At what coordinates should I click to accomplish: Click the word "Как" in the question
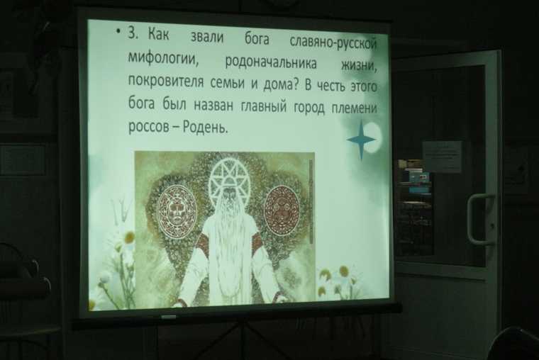(x=158, y=34)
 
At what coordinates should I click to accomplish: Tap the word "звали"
(x=207, y=36)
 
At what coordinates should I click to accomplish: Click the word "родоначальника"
(x=270, y=62)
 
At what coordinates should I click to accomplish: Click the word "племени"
(x=355, y=108)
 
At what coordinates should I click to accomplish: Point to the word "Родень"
(x=205, y=128)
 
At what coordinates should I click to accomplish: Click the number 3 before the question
(x=133, y=33)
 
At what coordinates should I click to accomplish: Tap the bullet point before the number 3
(x=118, y=32)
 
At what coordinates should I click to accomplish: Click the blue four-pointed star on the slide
(x=361, y=140)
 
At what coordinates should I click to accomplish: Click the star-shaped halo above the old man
(x=226, y=179)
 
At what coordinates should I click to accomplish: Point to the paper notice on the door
(x=443, y=157)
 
